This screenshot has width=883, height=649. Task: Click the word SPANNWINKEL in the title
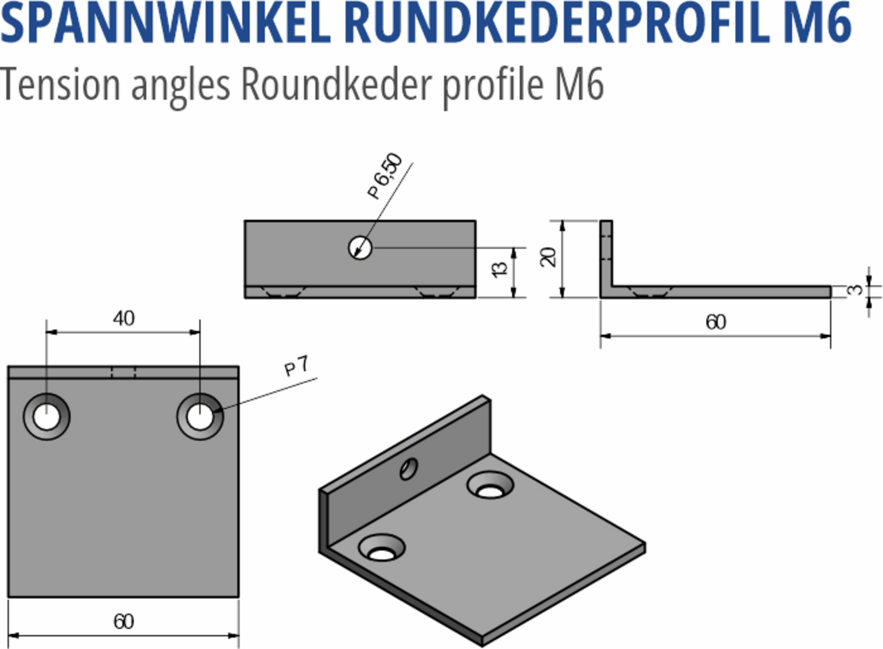pyautogui.click(x=165, y=23)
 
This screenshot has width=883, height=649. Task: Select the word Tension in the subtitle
pyautogui.click(x=59, y=84)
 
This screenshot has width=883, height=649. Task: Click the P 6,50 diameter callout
pyautogui.click(x=385, y=176)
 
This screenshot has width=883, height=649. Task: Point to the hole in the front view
pyautogui.click(x=360, y=248)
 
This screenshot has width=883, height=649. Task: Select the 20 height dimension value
pyautogui.click(x=548, y=257)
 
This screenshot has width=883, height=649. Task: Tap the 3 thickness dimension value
pyautogui.click(x=854, y=290)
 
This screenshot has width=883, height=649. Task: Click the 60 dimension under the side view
pyautogui.click(x=715, y=322)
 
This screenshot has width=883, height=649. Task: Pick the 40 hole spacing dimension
pyautogui.click(x=124, y=319)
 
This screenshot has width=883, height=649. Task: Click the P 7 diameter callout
pyautogui.click(x=297, y=366)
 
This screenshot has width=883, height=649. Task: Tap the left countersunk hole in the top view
pyautogui.click(x=46, y=417)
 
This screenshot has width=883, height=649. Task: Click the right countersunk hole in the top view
pyautogui.click(x=200, y=417)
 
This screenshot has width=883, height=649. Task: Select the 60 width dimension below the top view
pyautogui.click(x=124, y=621)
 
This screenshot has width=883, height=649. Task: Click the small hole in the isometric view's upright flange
pyautogui.click(x=409, y=468)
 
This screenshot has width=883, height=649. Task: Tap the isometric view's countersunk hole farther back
pyautogui.click(x=490, y=485)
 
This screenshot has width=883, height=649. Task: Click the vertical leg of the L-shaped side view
pyautogui.click(x=606, y=254)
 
